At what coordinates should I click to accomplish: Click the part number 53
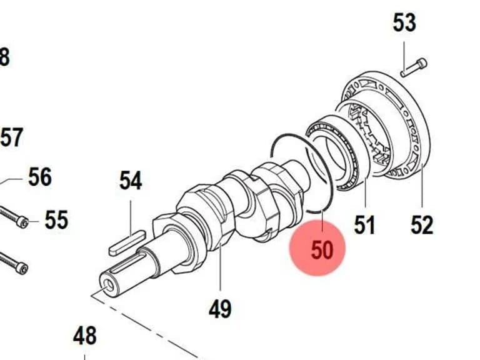404,22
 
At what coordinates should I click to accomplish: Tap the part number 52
422,225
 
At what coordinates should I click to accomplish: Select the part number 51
364,225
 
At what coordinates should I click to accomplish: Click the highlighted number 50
322,250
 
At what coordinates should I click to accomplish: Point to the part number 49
220,309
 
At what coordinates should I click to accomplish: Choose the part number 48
85,336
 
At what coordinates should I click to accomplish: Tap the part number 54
131,181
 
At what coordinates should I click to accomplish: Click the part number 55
56,220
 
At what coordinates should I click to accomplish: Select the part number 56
40,177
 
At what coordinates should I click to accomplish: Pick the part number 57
12,137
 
